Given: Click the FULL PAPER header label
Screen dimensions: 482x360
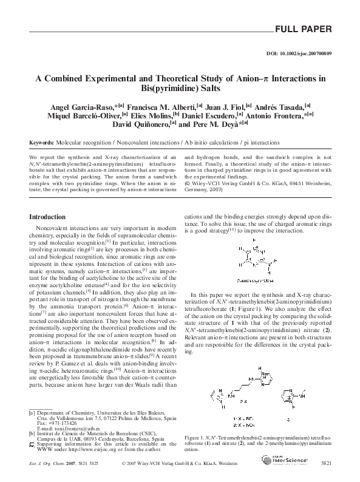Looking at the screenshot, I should click(303, 29).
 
